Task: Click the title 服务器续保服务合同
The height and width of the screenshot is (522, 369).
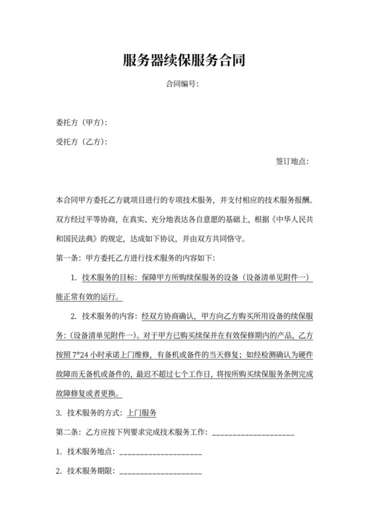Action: [x=184, y=61]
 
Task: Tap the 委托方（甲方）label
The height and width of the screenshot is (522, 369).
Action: [x=82, y=123]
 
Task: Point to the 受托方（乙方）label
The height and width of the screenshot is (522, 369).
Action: [x=82, y=142]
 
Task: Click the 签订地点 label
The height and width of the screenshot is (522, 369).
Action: [x=292, y=161]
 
